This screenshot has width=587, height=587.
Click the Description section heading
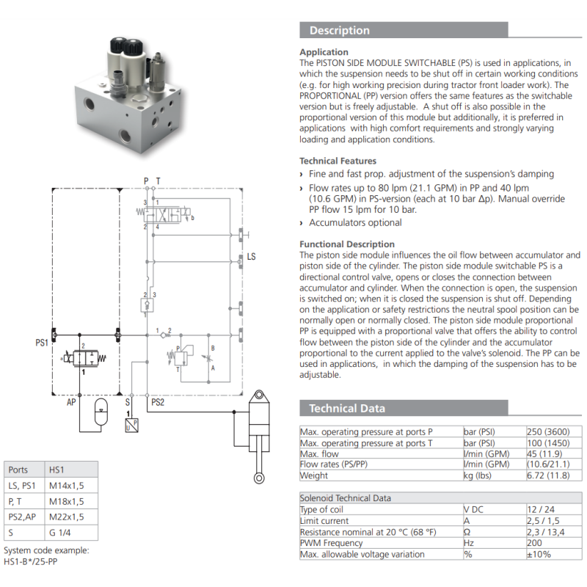(x=340, y=30)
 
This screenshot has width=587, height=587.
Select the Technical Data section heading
(x=346, y=409)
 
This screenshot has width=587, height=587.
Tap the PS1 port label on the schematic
(x=42, y=342)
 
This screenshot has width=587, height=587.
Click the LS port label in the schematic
(x=251, y=259)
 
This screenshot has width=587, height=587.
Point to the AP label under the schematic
(x=71, y=402)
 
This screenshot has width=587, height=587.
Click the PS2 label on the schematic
(x=158, y=402)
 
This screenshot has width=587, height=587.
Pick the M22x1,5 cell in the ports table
(x=66, y=517)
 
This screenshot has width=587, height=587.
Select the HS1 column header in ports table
(x=57, y=470)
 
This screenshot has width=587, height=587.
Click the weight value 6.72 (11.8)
(x=548, y=475)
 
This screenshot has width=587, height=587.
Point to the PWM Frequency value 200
(x=536, y=543)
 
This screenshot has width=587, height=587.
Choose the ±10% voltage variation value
(x=539, y=554)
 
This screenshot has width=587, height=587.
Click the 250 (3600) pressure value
(x=547, y=431)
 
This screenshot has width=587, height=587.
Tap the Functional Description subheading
(x=347, y=244)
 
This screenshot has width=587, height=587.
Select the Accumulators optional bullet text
(x=355, y=223)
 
